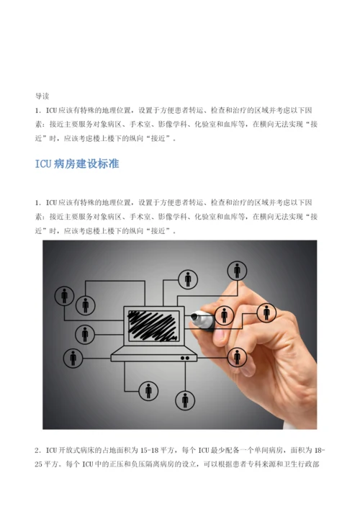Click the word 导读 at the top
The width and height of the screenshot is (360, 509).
(x=42, y=96)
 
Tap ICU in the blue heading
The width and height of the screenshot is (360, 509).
(x=43, y=163)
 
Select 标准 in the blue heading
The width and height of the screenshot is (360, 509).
(x=109, y=163)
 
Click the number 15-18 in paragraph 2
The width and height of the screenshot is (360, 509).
(x=149, y=450)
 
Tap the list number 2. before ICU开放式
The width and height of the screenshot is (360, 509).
(x=38, y=451)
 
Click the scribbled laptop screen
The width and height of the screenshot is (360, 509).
(x=154, y=326)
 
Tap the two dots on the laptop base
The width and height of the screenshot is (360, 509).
(x=185, y=358)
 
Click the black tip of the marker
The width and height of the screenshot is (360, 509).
(x=194, y=316)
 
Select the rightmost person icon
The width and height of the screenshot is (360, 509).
(x=266, y=312)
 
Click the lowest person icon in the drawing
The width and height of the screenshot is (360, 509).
(x=185, y=400)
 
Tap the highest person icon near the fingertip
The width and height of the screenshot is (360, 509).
(x=237, y=271)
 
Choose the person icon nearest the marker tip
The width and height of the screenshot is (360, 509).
(x=224, y=315)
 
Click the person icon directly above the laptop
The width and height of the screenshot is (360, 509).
(x=188, y=279)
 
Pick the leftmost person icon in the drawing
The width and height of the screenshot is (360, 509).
(x=64, y=296)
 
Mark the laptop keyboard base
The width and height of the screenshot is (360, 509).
(x=154, y=354)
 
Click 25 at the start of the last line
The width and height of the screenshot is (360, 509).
(x=39, y=464)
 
